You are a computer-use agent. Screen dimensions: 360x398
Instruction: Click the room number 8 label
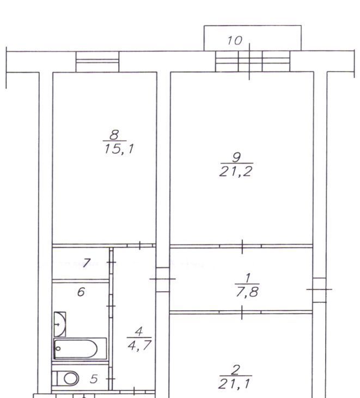point(114,135)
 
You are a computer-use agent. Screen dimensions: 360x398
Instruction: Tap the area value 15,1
point(119,149)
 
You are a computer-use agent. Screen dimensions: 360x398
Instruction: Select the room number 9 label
point(236,158)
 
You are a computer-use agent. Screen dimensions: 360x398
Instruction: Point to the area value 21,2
point(235,171)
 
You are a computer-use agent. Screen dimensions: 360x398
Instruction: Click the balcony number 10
point(235,40)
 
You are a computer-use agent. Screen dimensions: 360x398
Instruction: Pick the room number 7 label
point(87,263)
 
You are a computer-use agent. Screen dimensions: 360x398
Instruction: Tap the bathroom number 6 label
point(81,292)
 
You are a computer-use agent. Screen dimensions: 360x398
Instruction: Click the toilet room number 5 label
point(94,379)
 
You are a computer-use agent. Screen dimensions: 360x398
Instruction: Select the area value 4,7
point(139,345)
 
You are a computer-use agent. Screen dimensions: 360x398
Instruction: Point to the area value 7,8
point(247,292)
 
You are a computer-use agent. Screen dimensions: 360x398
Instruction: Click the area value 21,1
point(234,384)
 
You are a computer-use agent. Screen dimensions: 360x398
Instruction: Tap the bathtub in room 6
point(80,349)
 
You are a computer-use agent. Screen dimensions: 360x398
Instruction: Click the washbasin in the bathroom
point(60,324)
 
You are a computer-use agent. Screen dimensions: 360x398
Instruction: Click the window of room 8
point(97,62)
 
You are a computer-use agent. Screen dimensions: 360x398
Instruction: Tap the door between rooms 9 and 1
point(240,246)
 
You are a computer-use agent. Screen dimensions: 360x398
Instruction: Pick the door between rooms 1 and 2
point(240,312)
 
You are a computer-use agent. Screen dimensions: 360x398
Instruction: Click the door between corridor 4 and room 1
point(163,279)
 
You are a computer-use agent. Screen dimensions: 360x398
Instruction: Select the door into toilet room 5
point(111,379)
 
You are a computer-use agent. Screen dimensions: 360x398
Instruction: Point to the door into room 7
point(111,262)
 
